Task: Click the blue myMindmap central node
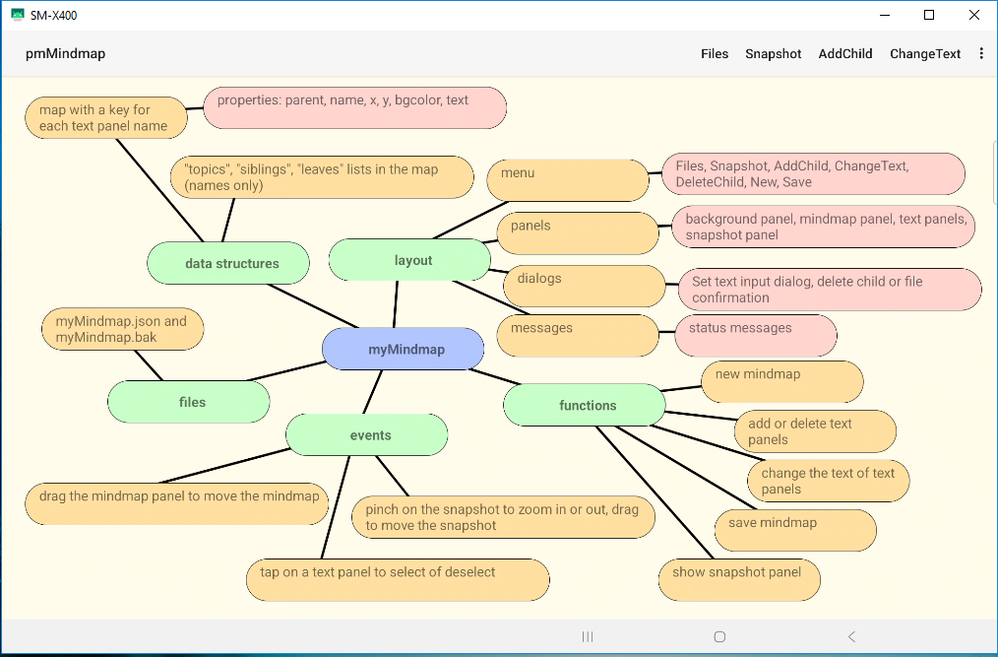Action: [x=404, y=349]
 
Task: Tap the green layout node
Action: [x=410, y=260]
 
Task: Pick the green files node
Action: [x=189, y=402]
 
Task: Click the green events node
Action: [x=367, y=435]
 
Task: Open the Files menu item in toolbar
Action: [x=715, y=54]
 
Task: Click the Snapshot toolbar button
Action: [x=774, y=54]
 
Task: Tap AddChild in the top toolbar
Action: [x=845, y=54]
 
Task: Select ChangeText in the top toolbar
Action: [x=925, y=54]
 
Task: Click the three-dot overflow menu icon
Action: [x=981, y=54]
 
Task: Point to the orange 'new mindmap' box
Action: [x=782, y=381]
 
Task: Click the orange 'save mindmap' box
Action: [x=795, y=530]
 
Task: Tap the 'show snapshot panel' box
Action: [x=739, y=580]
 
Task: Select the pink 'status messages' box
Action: [x=756, y=335]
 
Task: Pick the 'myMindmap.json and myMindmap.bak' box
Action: [x=123, y=329]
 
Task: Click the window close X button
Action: [x=973, y=15]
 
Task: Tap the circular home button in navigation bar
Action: [x=719, y=637]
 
